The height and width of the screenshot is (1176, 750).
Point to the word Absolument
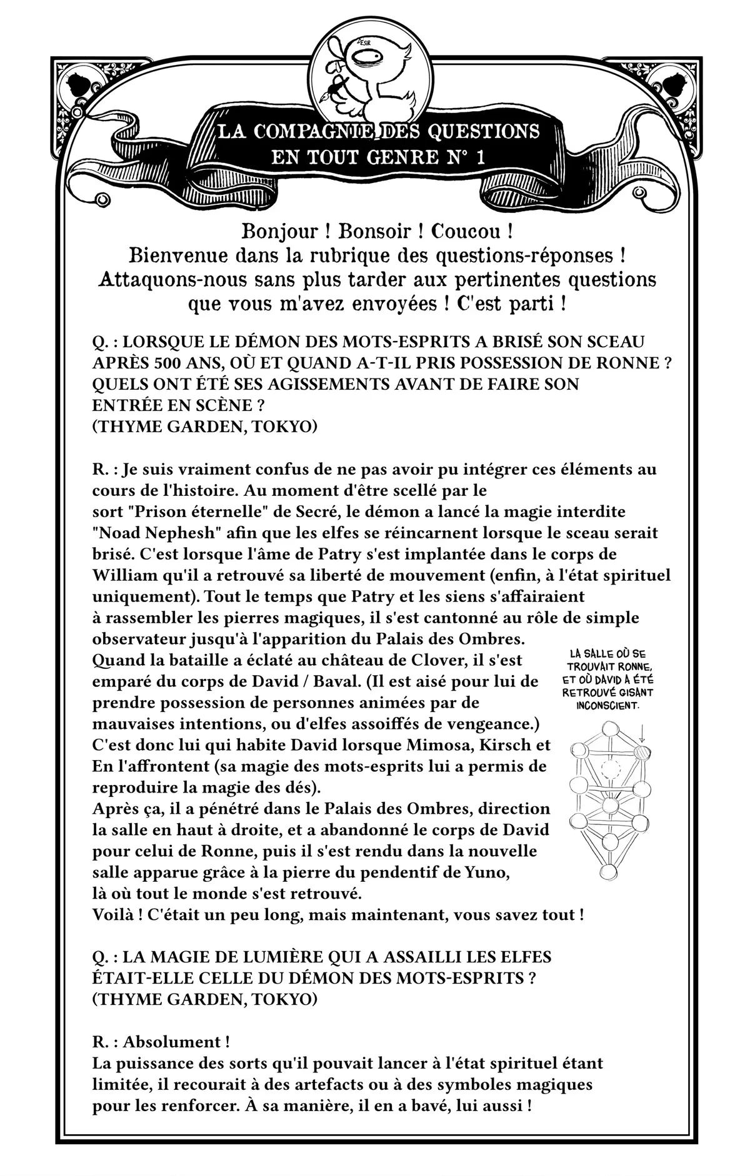(171, 1042)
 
